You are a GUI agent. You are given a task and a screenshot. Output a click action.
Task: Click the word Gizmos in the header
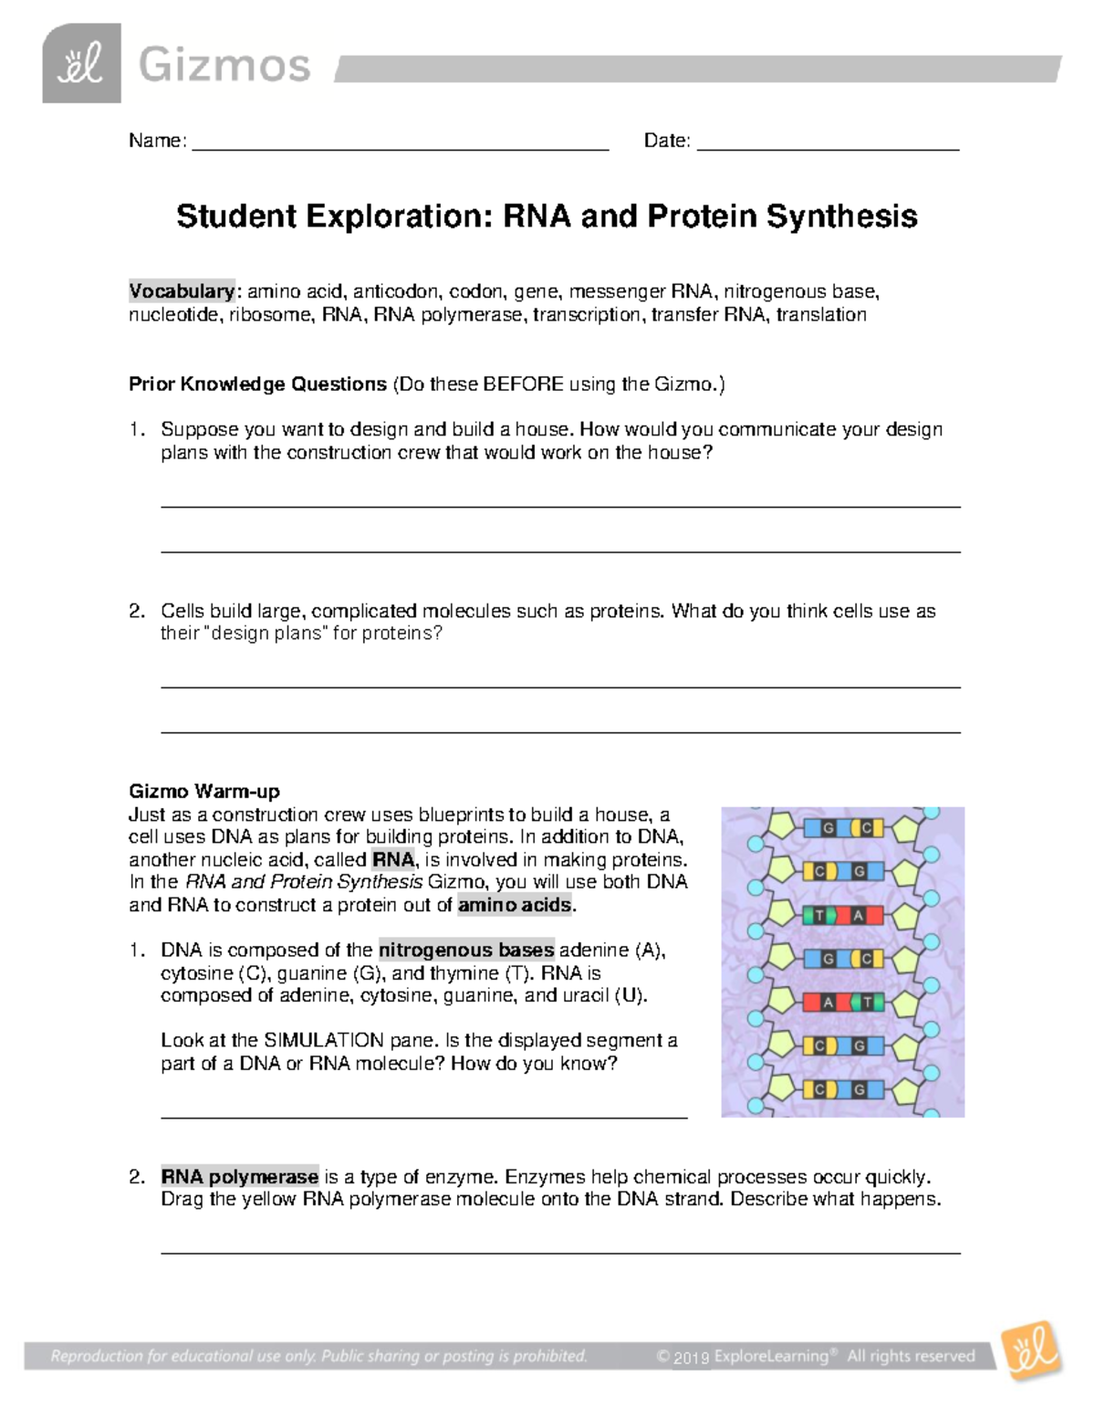coord(224,66)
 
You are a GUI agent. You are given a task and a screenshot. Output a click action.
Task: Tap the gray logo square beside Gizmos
coord(81,64)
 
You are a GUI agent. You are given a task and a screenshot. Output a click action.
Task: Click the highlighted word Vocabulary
coord(182,291)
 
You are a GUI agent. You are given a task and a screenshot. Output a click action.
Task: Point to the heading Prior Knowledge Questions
coord(257,384)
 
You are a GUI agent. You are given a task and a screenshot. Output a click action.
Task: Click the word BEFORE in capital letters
coord(523,384)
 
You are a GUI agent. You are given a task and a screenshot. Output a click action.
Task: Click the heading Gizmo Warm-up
coord(203,792)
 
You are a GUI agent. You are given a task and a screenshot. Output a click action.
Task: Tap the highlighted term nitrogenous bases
coord(466,951)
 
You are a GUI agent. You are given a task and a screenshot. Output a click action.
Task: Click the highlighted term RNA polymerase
coord(240,1177)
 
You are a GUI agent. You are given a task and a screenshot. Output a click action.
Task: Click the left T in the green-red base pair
coord(819,916)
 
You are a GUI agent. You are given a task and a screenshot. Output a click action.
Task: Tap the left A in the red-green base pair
coord(828,1003)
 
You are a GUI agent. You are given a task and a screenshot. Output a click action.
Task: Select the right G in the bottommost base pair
coord(860,1090)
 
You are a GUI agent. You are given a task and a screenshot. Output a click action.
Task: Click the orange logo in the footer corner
coord(1032,1350)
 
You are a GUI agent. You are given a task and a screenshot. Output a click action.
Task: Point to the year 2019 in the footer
coord(692,1358)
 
